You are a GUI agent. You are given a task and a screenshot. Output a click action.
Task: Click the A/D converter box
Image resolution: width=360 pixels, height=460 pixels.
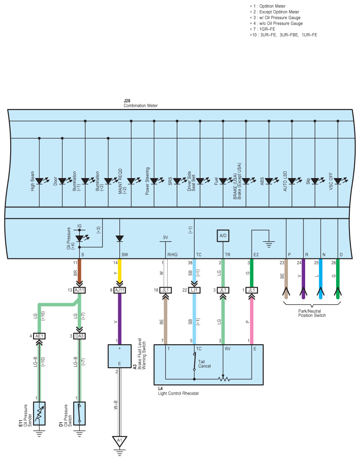223,236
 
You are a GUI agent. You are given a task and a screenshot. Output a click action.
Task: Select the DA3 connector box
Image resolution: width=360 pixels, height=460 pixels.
79,336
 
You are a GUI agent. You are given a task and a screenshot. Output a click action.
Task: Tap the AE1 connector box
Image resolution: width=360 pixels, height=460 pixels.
39,336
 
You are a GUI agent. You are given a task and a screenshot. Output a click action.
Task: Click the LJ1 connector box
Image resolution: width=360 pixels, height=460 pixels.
194,290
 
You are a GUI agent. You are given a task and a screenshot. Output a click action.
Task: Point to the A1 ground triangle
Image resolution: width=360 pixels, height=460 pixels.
119,441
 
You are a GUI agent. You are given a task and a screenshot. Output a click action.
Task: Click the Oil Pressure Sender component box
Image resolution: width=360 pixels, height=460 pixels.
39,413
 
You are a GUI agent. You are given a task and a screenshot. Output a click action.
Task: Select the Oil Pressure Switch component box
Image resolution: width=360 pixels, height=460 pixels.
79,413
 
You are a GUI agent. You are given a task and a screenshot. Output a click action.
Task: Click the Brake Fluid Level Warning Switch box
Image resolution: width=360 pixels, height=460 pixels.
119,356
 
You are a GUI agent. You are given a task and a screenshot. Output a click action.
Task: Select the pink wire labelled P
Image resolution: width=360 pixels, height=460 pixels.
252,321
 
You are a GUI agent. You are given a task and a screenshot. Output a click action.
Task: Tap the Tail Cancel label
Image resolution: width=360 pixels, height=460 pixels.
204,364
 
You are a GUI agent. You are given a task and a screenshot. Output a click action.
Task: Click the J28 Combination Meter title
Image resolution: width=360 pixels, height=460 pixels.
140,103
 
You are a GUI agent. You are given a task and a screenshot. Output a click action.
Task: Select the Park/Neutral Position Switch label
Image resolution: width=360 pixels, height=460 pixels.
312,313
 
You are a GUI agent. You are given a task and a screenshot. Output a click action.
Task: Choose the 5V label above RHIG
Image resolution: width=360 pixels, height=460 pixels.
165,237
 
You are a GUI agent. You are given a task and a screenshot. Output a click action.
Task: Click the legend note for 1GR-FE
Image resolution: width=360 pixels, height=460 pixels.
263,29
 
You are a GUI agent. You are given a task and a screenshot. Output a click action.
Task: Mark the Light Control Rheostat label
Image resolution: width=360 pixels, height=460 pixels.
178,391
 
